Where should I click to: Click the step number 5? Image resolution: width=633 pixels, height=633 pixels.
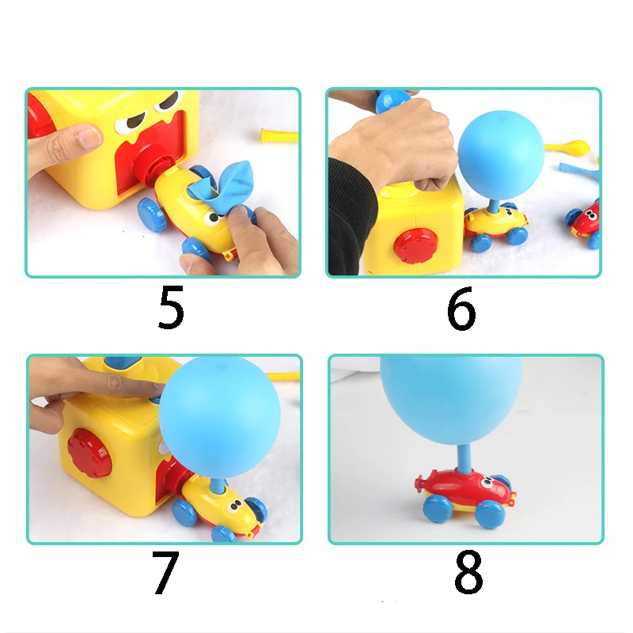170,308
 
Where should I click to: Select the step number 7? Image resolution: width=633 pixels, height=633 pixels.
165,573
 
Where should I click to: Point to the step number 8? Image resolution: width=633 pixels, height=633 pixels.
468,573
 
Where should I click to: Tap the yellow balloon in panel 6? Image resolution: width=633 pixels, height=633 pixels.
573,147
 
